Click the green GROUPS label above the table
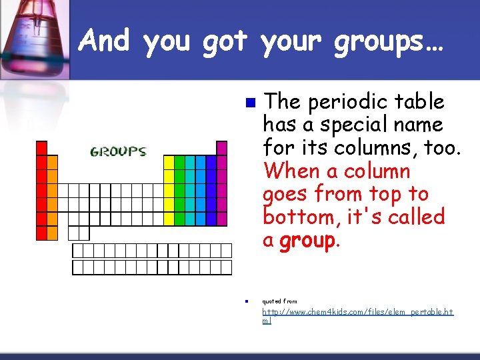(118, 151)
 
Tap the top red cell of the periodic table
(41, 147)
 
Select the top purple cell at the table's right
(221, 147)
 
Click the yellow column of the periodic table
(169, 190)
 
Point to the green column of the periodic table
(179, 190)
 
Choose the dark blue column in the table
(211, 190)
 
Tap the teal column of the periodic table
(190, 190)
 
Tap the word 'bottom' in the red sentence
(296, 217)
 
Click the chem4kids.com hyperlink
(357, 315)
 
